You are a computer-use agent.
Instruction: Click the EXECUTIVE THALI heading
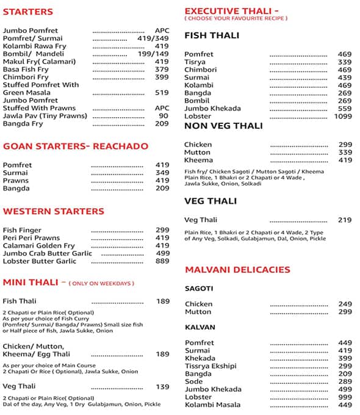pyautogui.click(x=231, y=11)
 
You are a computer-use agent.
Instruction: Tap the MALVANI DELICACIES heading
pyautogui.click(x=237, y=270)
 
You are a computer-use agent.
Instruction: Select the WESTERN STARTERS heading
pyautogui.click(x=54, y=212)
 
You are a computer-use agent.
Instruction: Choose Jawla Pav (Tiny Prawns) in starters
pyautogui.click(x=39, y=115)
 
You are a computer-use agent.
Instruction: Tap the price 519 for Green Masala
pyautogui.click(x=162, y=93)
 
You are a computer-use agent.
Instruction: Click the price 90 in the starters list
pyautogui.click(x=164, y=115)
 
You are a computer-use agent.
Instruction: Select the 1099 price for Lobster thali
pyautogui.click(x=344, y=116)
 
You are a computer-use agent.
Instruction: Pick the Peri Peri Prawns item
pyautogui.click(x=31, y=238)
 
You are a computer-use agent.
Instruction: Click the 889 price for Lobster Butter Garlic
pyautogui.click(x=162, y=261)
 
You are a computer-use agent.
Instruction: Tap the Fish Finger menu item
pyautogui.click(x=23, y=230)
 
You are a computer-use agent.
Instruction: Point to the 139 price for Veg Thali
pyautogui.click(x=162, y=386)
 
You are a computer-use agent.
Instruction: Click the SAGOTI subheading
pyautogui.click(x=199, y=288)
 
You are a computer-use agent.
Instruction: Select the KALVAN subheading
pyautogui.click(x=200, y=328)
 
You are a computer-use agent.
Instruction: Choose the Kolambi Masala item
pyautogui.click(x=212, y=405)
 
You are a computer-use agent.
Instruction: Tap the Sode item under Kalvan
pyautogui.click(x=194, y=381)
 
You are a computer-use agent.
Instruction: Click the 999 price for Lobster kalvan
pyautogui.click(x=345, y=397)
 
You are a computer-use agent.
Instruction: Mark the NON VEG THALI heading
pyautogui.click(x=223, y=126)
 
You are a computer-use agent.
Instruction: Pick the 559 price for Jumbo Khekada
pyautogui.click(x=345, y=109)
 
